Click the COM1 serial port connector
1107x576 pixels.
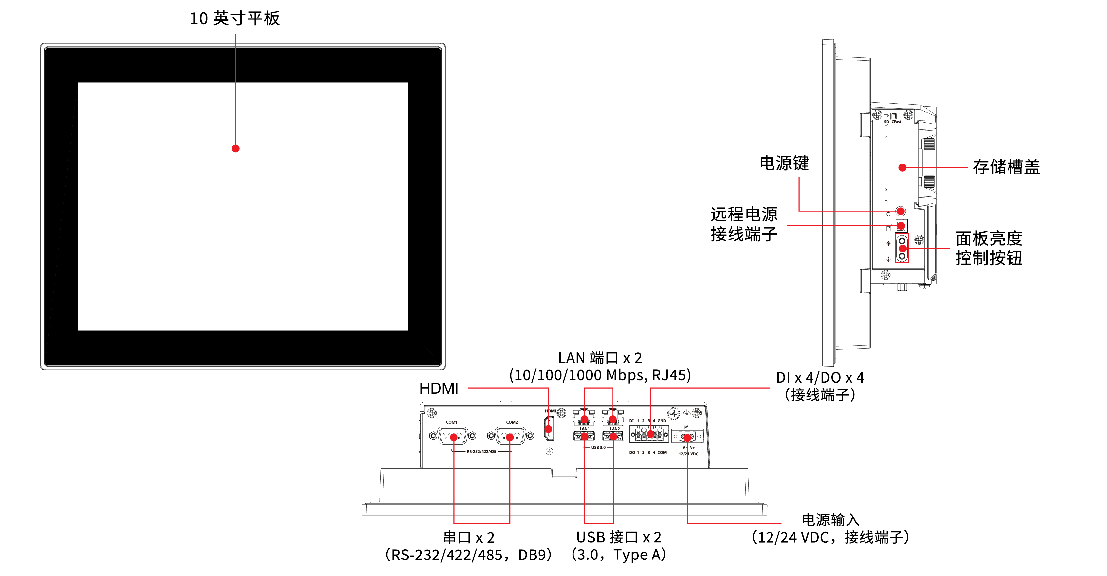453,437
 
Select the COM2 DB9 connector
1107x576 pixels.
510,437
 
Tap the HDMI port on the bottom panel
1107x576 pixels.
549,429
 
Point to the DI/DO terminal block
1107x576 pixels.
649,434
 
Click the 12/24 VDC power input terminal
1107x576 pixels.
687,437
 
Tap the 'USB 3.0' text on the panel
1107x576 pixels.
598,447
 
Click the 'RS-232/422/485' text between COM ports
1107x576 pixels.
481,451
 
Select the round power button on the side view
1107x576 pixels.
901,211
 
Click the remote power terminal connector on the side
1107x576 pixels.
901,225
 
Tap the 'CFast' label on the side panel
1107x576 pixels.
896,122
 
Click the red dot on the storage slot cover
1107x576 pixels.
902,168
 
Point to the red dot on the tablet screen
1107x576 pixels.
235,149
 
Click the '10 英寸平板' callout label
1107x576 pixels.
235,19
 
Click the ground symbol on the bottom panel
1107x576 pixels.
686,413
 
